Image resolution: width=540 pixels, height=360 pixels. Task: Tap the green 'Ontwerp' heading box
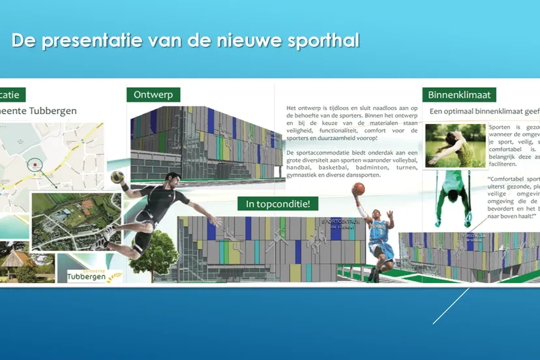click(153, 95)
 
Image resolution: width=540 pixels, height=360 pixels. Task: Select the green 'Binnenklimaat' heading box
click(459, 95)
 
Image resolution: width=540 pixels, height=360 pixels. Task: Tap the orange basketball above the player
click(359, 189)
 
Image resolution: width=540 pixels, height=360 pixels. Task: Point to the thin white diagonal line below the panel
click(451, 306)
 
